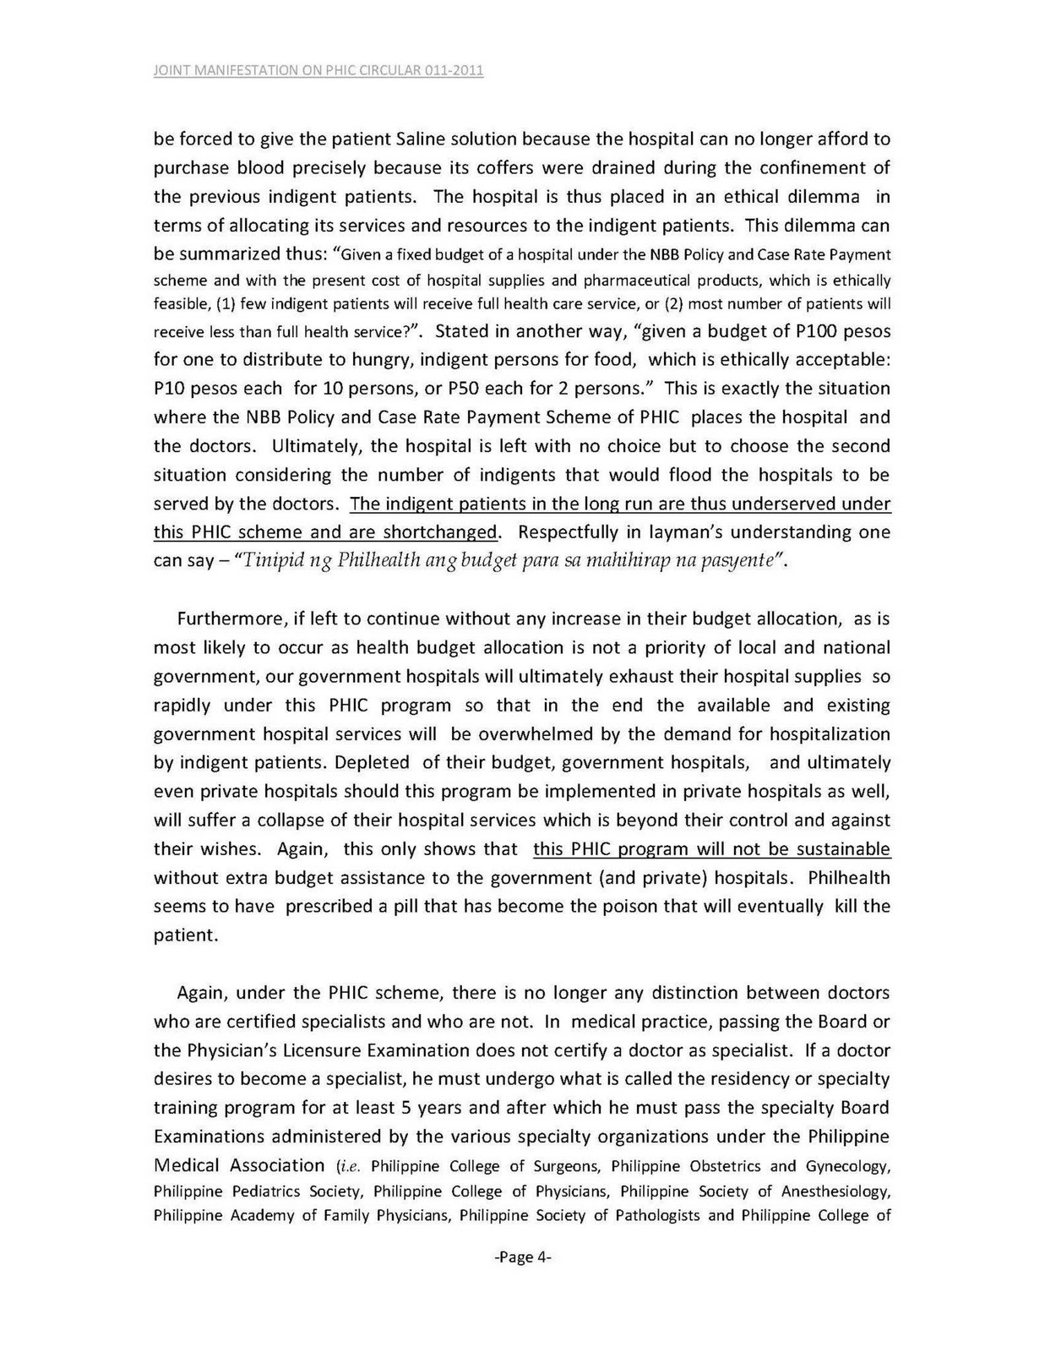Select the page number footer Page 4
point(522,1257)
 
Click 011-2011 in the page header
point(452,70)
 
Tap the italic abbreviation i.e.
point(349,1167)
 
